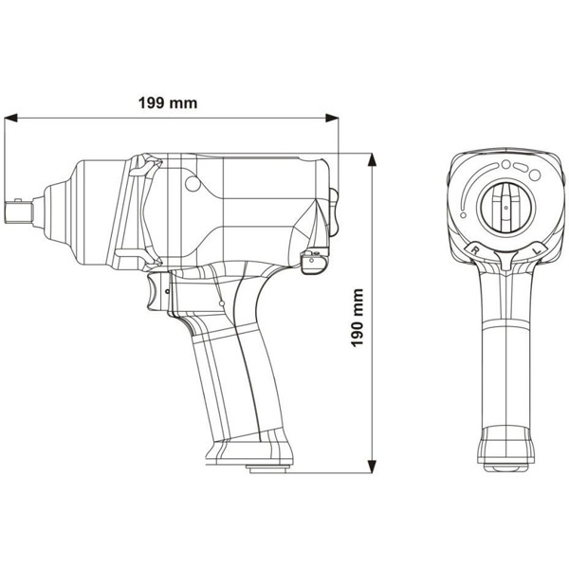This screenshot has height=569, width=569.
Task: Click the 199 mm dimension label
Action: [168, 103]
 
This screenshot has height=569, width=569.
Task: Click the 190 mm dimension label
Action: [358, 318]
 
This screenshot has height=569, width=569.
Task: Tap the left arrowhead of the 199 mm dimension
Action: [10, 118]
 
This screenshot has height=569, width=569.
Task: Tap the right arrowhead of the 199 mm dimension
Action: [332, 118]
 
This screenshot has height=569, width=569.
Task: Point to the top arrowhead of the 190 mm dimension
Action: [372, 160]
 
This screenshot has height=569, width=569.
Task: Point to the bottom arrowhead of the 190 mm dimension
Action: [372, 467]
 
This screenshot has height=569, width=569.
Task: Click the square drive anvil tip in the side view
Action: [19, 211]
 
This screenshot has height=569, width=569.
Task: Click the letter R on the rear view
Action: [474, 249]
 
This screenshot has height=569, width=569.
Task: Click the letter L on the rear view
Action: [539, 249]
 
